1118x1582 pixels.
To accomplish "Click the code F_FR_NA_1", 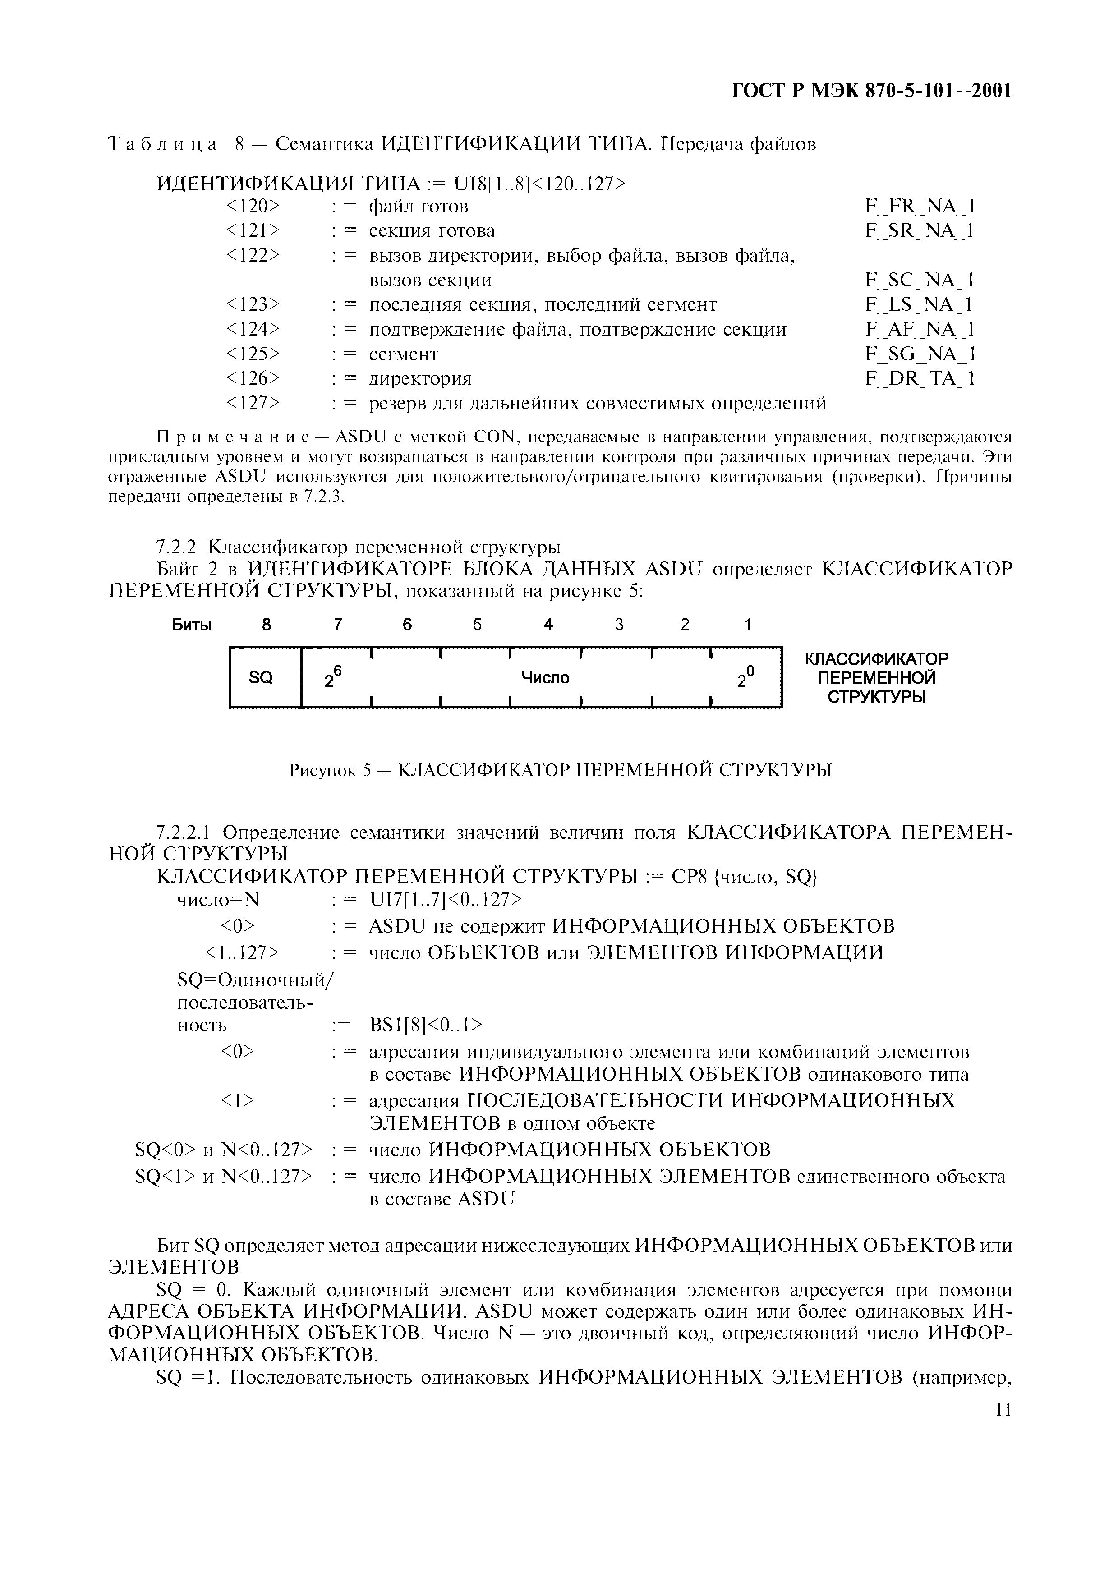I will pyautogui.click(x=920, y=206).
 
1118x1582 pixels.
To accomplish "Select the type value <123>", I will pyautogui.click(x=253, y=304).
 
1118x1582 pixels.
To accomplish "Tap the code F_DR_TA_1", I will pyautogui.click(x=920, y=378).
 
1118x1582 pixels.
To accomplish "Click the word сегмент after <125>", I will pyautogui.click(x=404, y=354).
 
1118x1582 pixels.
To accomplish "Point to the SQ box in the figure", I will pyautogui.click(x=261, y=678).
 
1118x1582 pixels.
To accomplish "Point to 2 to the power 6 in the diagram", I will pyautogui.click(x=333, y=678).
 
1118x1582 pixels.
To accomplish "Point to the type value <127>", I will pyautogui.click(x=253, y=403).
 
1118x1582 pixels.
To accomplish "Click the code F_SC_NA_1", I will pyautogui.click(x=920, y=281).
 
